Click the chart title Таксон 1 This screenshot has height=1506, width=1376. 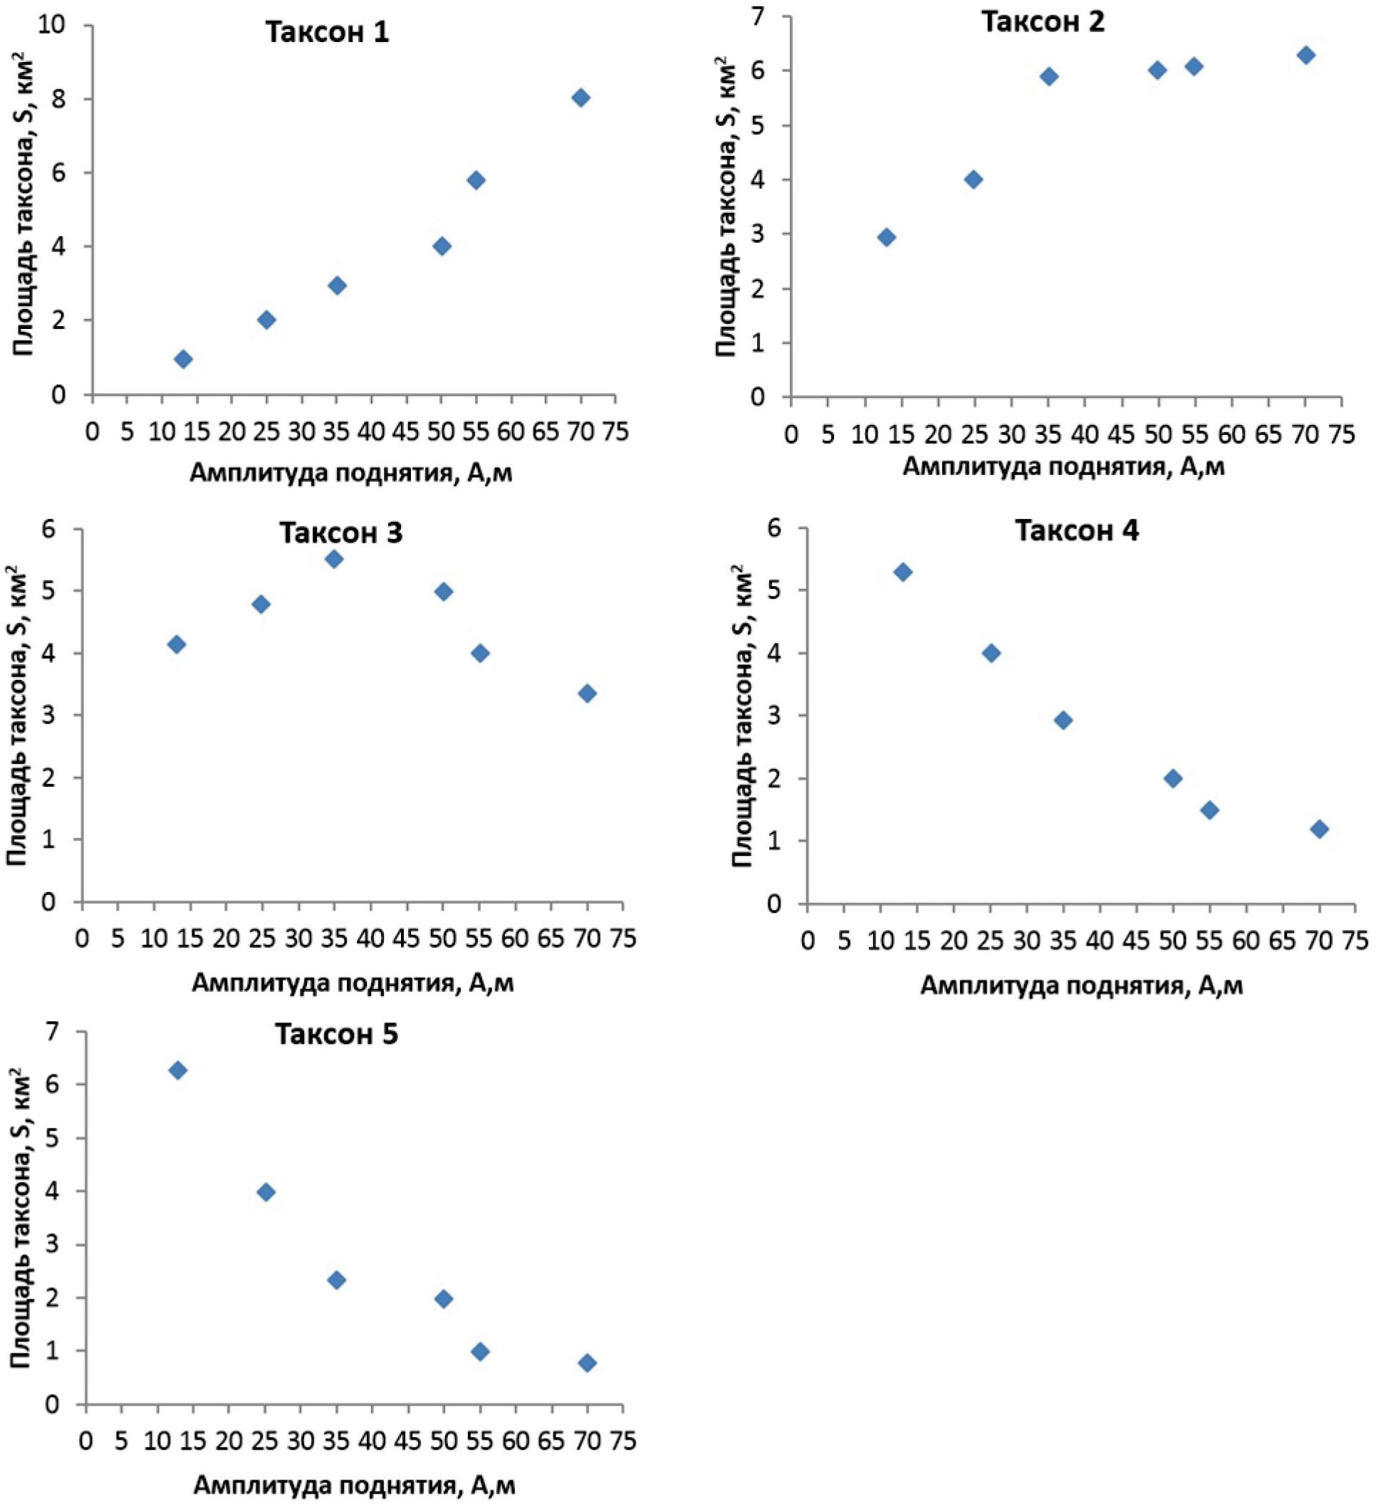(x=327, y=32)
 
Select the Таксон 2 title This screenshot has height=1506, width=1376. (x=1043, y=21)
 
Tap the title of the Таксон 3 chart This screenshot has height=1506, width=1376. (x=341, y=533)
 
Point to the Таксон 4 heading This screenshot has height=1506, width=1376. (x=1076, y=531)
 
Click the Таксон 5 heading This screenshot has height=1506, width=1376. (x=337, y=1035)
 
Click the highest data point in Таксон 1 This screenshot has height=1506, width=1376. (x=581, y=98)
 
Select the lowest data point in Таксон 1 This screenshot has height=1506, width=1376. (x=183, y=360)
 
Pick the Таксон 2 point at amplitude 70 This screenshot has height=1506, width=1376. (x=1305, y=56)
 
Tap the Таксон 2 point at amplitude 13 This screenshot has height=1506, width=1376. (x=887, y=238)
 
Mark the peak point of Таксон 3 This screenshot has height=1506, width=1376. (x=334, y=559)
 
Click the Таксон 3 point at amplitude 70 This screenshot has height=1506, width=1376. (x=587, y=694)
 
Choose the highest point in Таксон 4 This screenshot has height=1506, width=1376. (x=902, y=572)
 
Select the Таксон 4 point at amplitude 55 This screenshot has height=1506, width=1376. (x=1210, y=810)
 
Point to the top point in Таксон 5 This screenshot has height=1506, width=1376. (x=178, y=1070)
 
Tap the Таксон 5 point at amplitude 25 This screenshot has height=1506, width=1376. (x=266, y=1192)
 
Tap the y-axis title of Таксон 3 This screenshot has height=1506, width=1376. (x=18, y=717)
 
